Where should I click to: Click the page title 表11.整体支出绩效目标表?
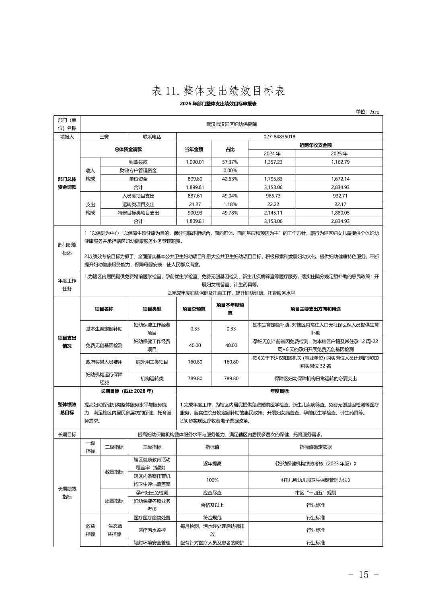218,91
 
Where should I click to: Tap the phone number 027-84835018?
279,137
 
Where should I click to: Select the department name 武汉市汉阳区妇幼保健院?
231,124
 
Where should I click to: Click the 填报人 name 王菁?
104,137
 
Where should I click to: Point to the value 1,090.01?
195,162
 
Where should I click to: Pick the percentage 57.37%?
230,162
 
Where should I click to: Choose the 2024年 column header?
272,154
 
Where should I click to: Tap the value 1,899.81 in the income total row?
195,187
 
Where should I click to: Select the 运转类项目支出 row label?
138,204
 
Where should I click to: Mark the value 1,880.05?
340,213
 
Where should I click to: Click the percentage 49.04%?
230,196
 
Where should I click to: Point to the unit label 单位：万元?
367,112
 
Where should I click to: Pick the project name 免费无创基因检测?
104,345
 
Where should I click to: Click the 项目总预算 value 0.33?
195,328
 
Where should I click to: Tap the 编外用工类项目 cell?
152,362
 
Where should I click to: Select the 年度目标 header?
279,391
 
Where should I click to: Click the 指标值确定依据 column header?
315,447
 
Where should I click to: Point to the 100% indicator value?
212,480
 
